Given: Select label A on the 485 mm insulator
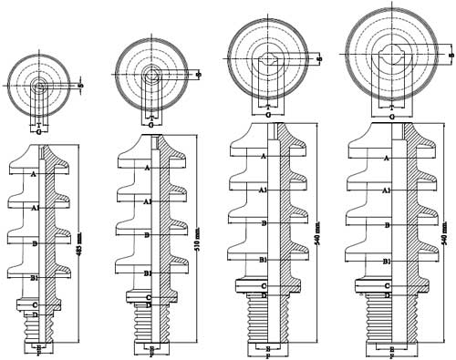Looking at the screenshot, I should pyautogui.click(x=34, y=173).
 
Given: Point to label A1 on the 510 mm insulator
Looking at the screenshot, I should pyautogui.click(x=148, y=201).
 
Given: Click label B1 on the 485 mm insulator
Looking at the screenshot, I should pyautogui.click(x=34, y=276).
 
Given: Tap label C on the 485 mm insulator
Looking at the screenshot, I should pyautogui.click(x=34, y=304).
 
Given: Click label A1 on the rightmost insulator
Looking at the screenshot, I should pyautogui.click(x=388, y=190).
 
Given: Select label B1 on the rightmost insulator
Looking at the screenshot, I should pyautogui.click(x=388, y=261).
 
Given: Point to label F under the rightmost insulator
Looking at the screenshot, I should pyautogui.click(x=391, y=355).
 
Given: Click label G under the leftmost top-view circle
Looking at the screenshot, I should pyautogui.click(x=38, y=132).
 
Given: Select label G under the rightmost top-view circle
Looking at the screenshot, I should pyautogui.click(x=391, y=117).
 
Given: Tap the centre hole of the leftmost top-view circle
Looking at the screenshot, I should pyautogui.click(x=39, y=87).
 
